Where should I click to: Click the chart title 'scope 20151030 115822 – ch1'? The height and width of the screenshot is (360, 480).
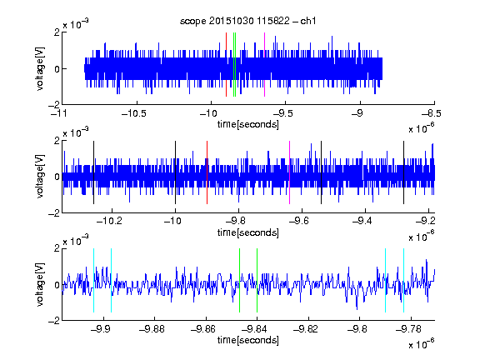click(x=248, y=21)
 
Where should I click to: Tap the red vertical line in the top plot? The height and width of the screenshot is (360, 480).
click(x=226, y=65)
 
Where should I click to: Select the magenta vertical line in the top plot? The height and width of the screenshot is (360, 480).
click(x=264, y=65)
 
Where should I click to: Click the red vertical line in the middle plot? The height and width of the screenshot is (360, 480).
click(x=207, y=172)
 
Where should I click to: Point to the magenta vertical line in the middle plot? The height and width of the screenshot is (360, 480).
click(x=290, y=172)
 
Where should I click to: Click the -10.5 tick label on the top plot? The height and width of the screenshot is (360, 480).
click(x=134, y=114)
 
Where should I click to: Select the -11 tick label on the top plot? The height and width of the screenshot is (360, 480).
click(x=59, y=114)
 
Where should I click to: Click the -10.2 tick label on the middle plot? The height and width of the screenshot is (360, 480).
click(x=109, y=221)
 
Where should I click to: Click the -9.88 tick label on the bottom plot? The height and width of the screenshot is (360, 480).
click(x=152, y=329)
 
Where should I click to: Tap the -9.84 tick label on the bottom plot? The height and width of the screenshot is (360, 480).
click(x=254, y=329)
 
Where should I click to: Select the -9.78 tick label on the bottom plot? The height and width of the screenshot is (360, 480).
click(x=408, y=329)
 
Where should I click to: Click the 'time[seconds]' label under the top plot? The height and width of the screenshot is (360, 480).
click(x=248, y=124)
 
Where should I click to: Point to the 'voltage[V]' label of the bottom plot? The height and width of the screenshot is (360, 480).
click(x=40, y=284)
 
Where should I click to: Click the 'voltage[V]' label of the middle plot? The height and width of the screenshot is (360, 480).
click(x=40, y=177)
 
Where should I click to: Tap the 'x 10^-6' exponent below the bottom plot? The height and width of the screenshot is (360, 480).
click(x=422, y=343)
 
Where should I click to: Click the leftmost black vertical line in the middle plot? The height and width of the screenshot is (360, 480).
click(x=93, y=172)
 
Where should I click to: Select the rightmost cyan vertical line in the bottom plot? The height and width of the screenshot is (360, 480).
click(x=404, y=280)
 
